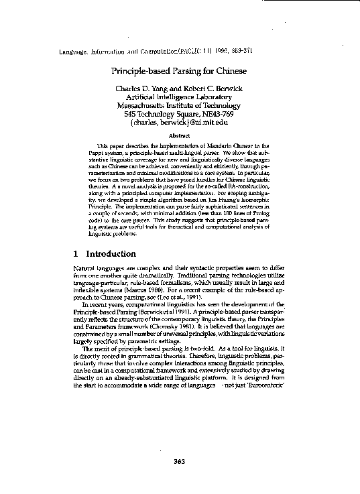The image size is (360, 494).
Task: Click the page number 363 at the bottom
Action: coord(179,460)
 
